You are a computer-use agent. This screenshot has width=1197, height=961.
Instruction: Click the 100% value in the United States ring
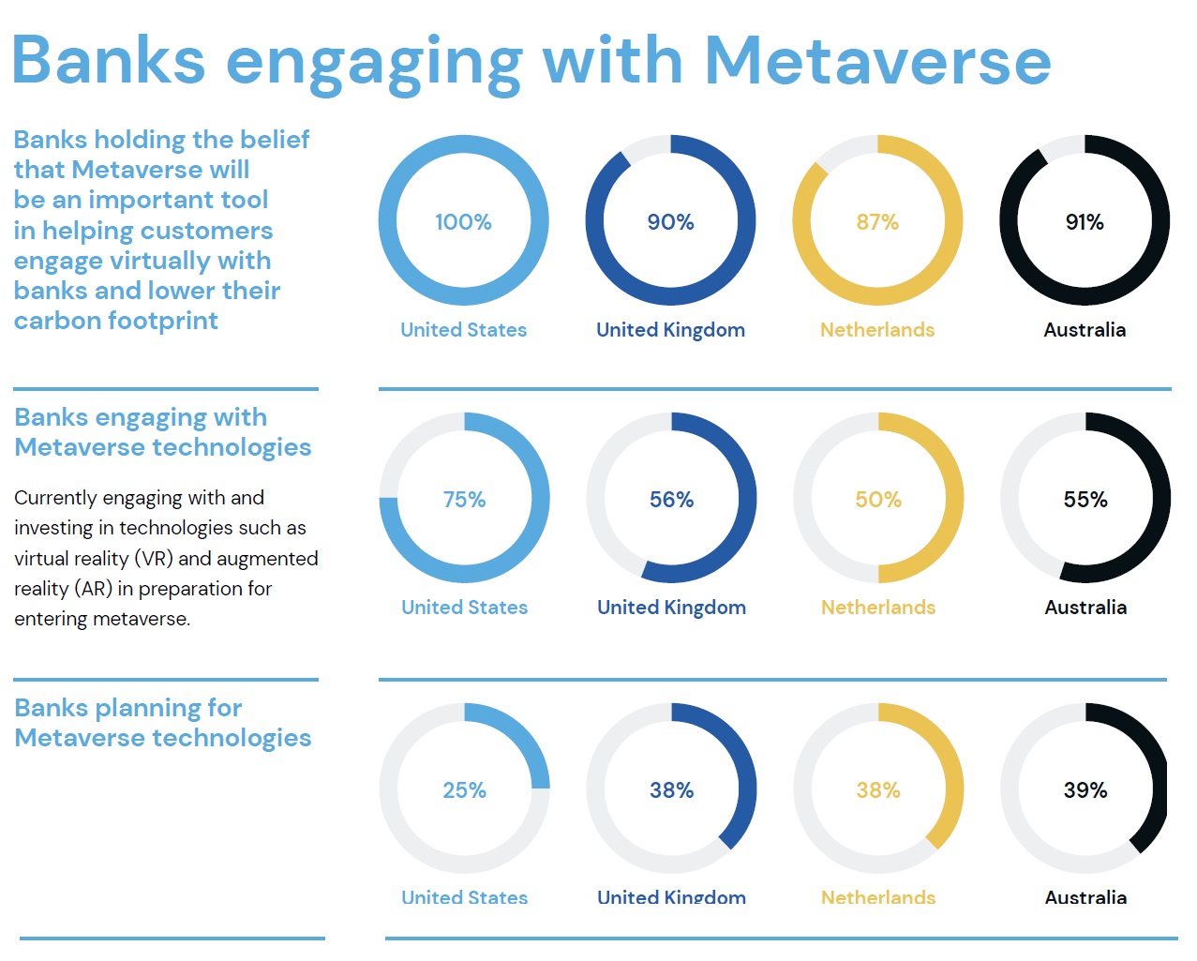click(x=463, y=222)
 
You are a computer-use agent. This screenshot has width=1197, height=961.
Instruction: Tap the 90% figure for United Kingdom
click(x=670, y=222)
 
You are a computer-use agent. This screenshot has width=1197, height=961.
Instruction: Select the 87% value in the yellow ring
click(x=877, y=222)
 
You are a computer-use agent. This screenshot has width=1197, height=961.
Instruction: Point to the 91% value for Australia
click(x=1085, y=222)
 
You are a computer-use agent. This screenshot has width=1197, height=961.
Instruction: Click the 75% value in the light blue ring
click(x=464, y=500)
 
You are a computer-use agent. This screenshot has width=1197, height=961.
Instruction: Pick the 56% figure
click(x=671, y=500)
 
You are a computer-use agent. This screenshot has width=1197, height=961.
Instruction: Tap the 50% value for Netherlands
click(x=878, y=500)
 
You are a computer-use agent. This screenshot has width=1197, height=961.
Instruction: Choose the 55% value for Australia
click(x=1085, y=500)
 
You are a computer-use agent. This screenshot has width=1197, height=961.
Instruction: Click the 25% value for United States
click(x=464, y=790)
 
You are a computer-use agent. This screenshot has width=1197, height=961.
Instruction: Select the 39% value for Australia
click(x=1085, y=790)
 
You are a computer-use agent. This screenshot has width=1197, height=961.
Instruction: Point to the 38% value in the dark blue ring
click(x=671, y=790)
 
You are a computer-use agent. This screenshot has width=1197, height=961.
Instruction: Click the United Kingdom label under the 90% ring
click(x=670, y=330)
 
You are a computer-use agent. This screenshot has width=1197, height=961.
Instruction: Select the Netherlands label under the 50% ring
click(x=878, y=608)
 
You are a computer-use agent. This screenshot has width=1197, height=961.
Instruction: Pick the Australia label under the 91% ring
click(x=1085, y=330)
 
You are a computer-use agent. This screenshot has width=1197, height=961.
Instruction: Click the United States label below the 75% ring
click(x=464, y=608)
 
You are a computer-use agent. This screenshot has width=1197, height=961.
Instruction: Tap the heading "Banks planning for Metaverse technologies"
click(x=162, y=723)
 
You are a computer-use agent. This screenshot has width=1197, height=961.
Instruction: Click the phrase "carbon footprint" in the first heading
click(x=115, y=321)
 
